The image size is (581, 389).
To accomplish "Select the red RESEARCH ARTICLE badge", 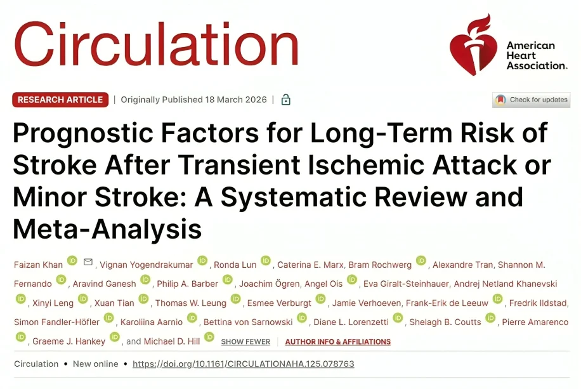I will pos(60,100).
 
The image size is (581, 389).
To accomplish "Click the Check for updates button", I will pos(531,100).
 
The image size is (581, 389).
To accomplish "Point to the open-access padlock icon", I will pos(285,100).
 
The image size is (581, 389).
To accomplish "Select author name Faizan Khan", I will pos(38,265).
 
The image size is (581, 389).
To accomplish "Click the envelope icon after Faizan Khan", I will pos(88,262).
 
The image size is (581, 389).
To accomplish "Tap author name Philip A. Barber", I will pos(188,284).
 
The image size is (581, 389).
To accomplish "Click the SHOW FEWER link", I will pos(245,341).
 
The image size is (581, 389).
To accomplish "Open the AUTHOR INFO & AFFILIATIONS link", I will pos(337,341).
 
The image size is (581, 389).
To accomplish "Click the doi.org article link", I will pos(243,364).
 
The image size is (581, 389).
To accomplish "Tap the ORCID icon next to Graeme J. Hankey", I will pos(115,337).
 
